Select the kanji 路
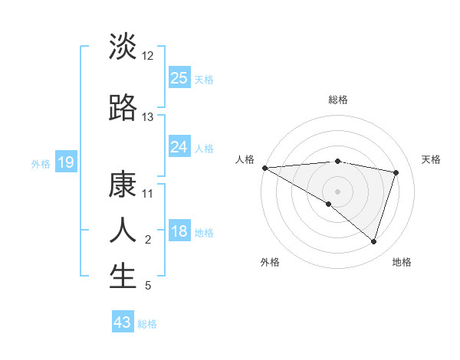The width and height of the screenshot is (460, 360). click(x=123, y=108)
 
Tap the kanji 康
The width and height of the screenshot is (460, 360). click(x=123, y=185)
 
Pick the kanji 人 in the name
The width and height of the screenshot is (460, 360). click(x=123, y=230)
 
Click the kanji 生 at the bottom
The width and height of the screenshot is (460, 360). click(x=123, y=277)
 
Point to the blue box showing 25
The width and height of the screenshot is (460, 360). click(x=179, y=77)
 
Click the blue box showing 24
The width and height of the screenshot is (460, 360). click(x=179, y=147)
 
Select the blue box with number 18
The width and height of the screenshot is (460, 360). click(x=179, y=232)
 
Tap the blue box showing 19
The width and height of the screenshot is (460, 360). click(x=65, y=162)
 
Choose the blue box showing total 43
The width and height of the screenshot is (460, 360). click(x=123, y=322)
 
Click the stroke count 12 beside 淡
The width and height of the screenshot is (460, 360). click(x=148, y=56)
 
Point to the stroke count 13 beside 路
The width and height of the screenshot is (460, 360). click(x=148, y=117)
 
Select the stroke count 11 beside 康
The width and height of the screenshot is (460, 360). click(x=148, y=194)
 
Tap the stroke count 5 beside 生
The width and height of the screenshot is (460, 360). click(x=148, y=286)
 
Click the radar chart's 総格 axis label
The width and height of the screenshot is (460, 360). click(x=337, y=100)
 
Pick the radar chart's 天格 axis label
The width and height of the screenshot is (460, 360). click(x=431, y=159)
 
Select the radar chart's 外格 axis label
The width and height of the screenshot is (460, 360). click(x=270, y=262)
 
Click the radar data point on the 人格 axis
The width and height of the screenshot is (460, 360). click(x=264, y=168)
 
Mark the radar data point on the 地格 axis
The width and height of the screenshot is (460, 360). click(x=373, y=242)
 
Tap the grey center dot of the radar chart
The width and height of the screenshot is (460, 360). click(x=337, y=191)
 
